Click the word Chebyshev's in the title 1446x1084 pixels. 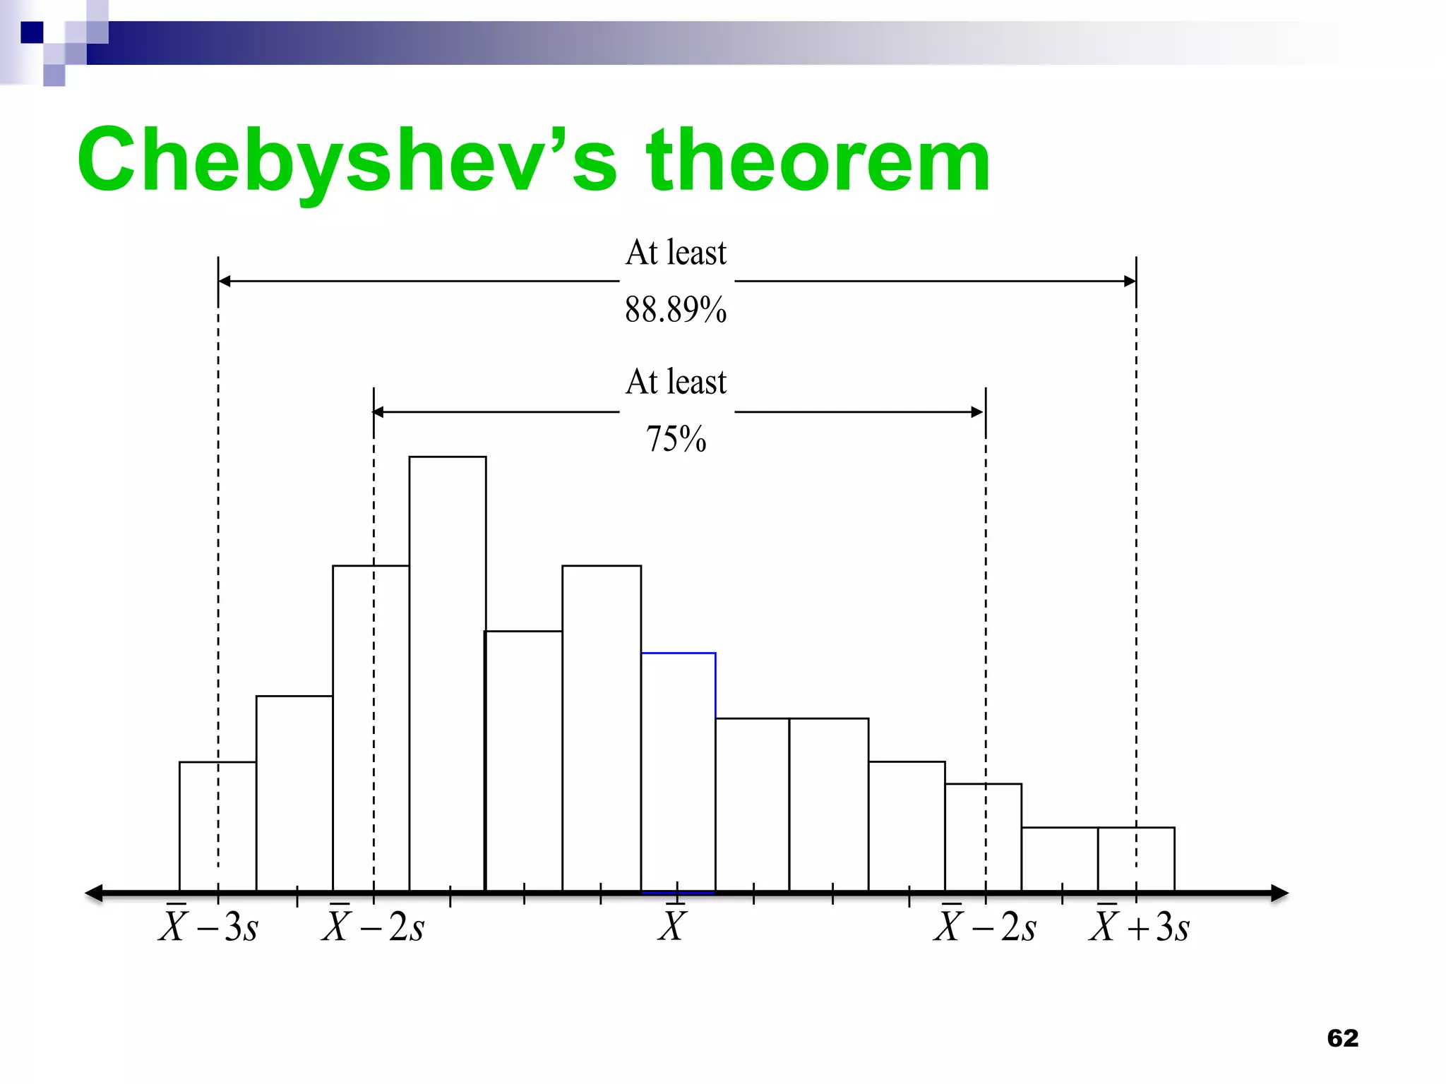pyautogui.click(x=346, y=161)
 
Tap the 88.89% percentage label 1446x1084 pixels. pyautogui.click(x=676, y=310)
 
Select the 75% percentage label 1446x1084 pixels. pyautogui.click(x=676, y=439)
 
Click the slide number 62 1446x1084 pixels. pyautogui.click(x=1342, y=1038)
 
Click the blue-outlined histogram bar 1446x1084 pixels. pyautogui.click(x=678, y=773)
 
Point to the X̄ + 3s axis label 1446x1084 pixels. pyautogui.click(x=1139, y=927)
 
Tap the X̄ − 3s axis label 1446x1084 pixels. pyautogui.click(x=208, y=927)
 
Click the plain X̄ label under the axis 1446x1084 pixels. pyautogui.click(x=672, y=927)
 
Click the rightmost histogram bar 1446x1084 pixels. pyautogui.click(x=1136, y=860)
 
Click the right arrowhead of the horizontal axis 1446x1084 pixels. pyautogui.click(x=1279, y=893)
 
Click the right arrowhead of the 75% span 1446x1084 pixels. pyautogui.click(x=978, y=412)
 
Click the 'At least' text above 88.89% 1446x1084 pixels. pyautogui.click(x=676, y=253)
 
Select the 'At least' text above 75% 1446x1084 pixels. pyautogui.click(x=676, y=382)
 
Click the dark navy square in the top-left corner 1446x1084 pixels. pyautogui.click(x=32, y=32)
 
